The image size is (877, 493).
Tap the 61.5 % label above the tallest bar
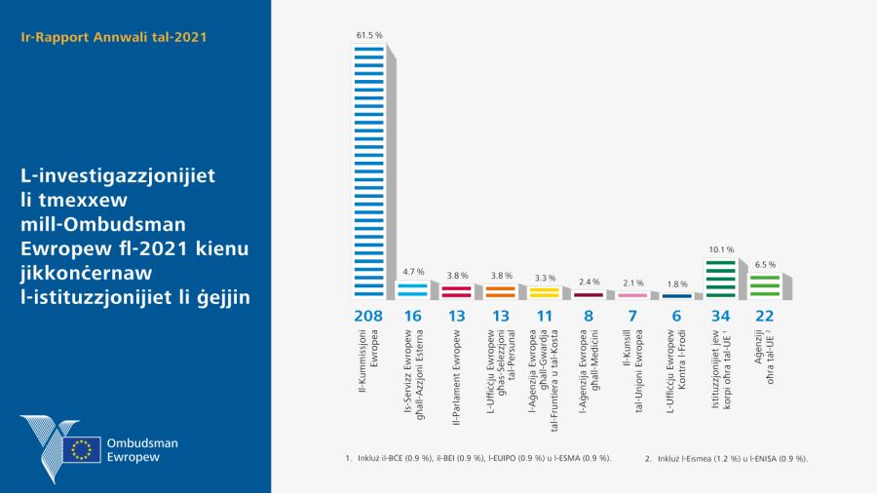(x=368, y=35)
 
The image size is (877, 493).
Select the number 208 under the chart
(x=368, y=317)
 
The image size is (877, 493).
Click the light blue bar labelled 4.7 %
(x=413, y=289)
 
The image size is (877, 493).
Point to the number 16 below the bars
(x=413, y=317)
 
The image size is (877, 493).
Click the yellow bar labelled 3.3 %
(x=545, y=291)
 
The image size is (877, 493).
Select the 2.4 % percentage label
(x=589, y=281)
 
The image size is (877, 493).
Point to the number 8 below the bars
(x=589, y=317)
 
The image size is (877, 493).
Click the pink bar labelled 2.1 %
(x=632, y=294)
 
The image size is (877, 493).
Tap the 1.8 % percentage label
(x=676, y=284)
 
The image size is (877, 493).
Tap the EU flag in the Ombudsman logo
(x=83, y=449)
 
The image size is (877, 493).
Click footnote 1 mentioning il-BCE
(x=477, y=458)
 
